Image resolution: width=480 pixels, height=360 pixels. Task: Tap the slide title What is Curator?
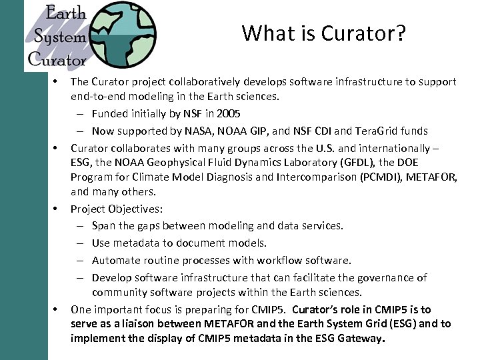point(323,33)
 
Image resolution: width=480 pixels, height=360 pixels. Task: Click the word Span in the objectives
point(103,226)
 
